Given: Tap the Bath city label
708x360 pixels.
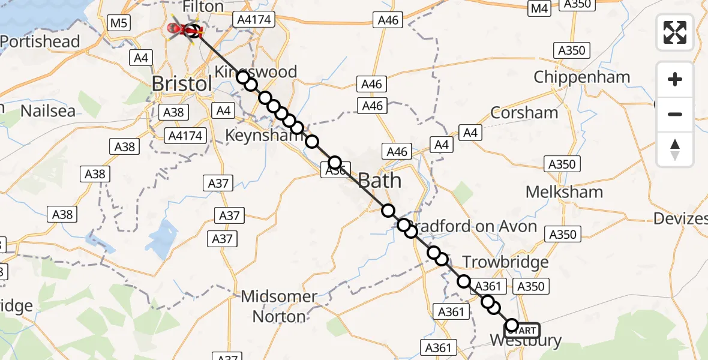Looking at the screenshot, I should point(379,180).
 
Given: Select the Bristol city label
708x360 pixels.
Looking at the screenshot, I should point(182,83).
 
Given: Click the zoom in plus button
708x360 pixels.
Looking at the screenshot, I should point(675,79).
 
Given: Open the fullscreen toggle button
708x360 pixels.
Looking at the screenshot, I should point(675,32).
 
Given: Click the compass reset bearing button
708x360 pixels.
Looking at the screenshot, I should point(675,149).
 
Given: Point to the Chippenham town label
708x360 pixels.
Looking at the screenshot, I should point(581,77).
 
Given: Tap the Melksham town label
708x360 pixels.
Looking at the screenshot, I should point(564,192).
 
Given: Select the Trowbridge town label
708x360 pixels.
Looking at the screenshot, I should point(506,262).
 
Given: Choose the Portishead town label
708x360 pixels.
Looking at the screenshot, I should point(40,41).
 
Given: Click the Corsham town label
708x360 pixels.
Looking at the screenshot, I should point(524,112).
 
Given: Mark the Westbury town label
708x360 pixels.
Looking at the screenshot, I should point(526,341).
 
